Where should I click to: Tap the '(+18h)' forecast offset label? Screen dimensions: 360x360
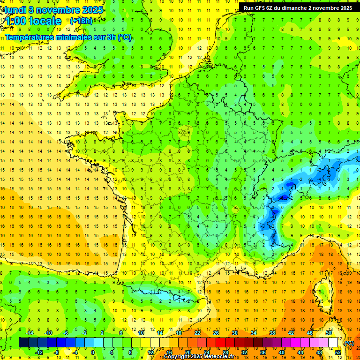point(81,21)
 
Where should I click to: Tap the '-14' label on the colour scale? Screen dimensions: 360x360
point(30,332)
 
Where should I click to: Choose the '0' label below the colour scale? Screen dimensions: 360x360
point(93,352)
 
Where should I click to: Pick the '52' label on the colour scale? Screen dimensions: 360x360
point(338,352)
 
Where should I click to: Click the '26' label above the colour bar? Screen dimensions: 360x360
point(216,332)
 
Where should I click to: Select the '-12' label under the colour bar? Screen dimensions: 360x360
point(39,352)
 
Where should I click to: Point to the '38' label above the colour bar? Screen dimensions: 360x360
point(272,332)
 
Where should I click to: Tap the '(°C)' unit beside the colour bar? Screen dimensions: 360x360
point(349,343)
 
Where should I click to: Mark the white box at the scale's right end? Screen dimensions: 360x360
point(333,342)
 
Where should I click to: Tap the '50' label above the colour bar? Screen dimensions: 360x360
point(328,332)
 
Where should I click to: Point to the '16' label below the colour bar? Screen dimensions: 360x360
point(169,352)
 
